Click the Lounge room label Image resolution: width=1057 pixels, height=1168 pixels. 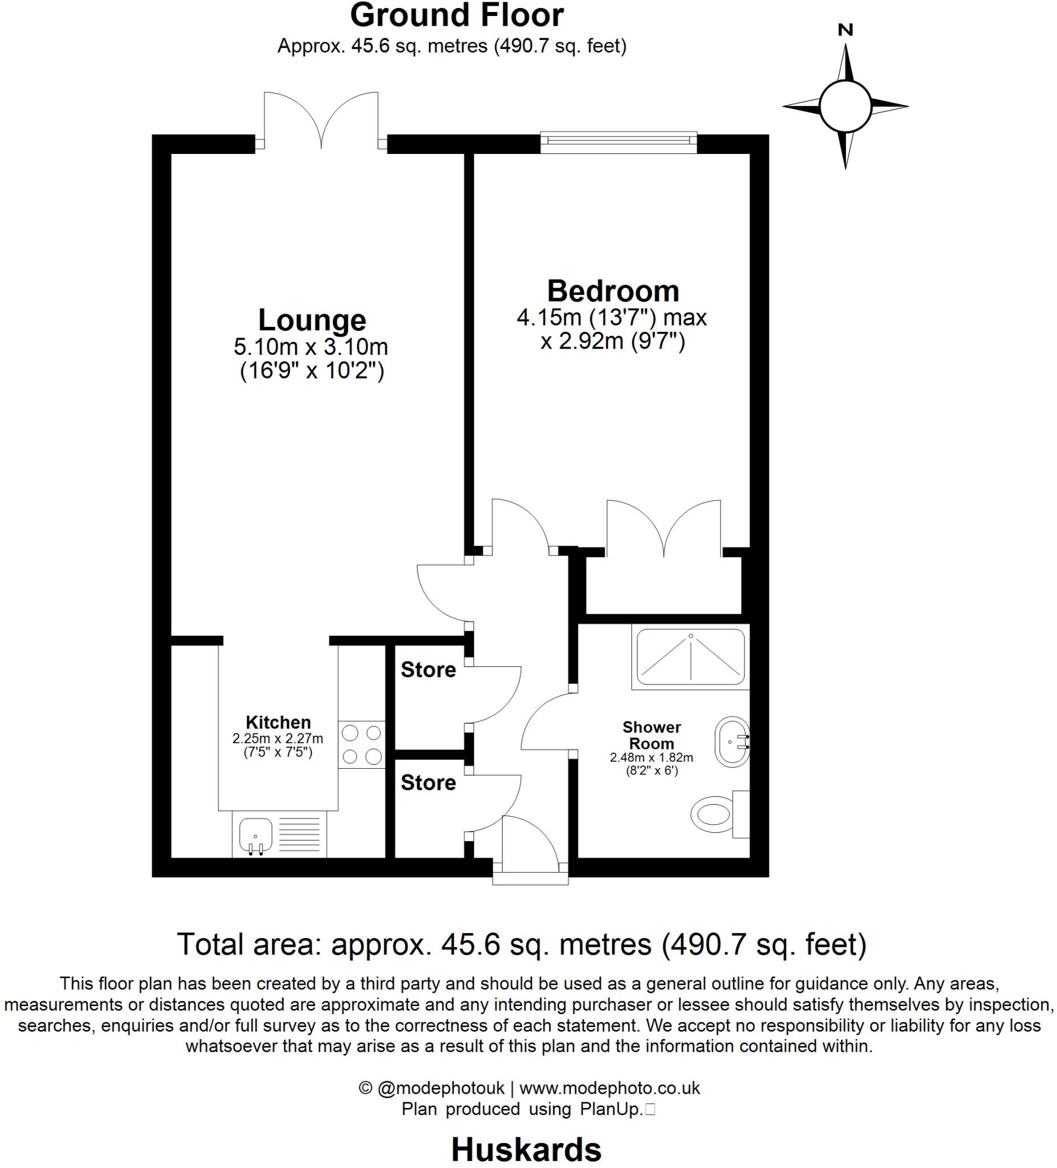pyautogui.click(x=312, y=321)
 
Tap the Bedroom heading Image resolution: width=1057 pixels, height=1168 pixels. pyautogui.click(x=613, y=291)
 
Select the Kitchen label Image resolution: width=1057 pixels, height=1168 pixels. pyautogui.click(x=278, y=723)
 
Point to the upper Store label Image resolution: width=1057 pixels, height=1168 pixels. pyautogui.click(x=428, y=670)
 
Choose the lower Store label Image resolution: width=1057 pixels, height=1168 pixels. pyautogui.click(x=428, y=782)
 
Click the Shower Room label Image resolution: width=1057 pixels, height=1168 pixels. pyautogui.click(x=651, y=735)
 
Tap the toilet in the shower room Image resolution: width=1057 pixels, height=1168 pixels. pyautogui.click(x=714, y=814)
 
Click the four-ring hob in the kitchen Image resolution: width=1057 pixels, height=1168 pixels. pyautogui.click(x=361, y=744)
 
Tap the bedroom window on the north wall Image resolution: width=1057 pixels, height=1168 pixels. pyautogui.click(x=618, y=143)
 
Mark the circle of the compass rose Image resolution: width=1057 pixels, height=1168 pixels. pyautogui.click(x=845, y=107)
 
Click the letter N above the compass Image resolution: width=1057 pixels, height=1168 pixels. pyautogui.click(x=845, y=30)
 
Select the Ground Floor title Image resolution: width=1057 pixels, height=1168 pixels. pyautogui.click(x=457, y=15)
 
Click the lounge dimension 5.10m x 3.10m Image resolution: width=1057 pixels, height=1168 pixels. pyautogui.click(x=311, y=347)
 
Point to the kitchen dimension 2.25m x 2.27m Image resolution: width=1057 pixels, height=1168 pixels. pyautogui.click(x=278, y=739)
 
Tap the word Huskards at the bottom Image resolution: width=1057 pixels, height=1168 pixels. pyautogui.click(x=526, y=1149)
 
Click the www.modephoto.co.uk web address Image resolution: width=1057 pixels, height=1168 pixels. pyautogui.click(x=609, y=1088)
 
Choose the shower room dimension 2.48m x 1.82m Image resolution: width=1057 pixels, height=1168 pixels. pyautogui.click(x=651, y=757)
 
